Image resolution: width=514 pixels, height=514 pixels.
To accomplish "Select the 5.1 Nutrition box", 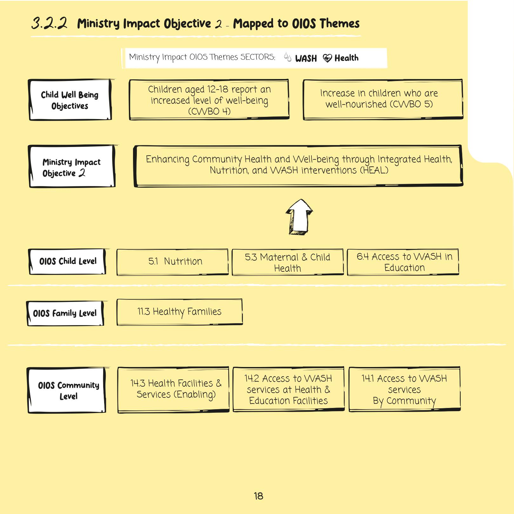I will [x=172, y=262].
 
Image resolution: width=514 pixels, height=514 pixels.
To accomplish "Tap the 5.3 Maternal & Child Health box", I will [x=288, y=262].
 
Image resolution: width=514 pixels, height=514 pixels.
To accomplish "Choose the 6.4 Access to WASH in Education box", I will [x=403, y=262].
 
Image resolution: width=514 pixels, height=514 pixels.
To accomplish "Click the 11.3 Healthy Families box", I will [x=179, y=312].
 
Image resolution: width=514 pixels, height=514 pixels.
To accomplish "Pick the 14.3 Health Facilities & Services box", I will [x=173, y=389].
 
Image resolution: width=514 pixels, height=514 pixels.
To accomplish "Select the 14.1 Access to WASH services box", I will [x=404, y=389].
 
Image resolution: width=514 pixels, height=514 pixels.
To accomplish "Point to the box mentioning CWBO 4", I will [x=209, y=100].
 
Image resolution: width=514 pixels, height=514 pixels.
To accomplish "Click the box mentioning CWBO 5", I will [x=383, y=99].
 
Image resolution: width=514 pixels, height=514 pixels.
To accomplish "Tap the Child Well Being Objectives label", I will [x=70, y=100].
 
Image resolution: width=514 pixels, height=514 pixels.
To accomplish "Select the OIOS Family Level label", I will [x=65, y=313].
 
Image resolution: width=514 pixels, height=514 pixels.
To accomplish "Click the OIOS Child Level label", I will [x=67, y=261].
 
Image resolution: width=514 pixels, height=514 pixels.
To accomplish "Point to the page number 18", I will [x=258, y=496].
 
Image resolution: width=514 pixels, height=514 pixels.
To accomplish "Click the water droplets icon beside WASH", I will [x=288, y=57].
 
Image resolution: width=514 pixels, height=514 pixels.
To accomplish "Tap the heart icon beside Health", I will [x=327, y=58].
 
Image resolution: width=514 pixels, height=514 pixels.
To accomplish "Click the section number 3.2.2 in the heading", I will [x=50, y=23].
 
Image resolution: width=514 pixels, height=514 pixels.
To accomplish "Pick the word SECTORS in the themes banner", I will [x=257, y=57].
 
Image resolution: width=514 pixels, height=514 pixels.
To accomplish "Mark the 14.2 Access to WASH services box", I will [x=289, y=389].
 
